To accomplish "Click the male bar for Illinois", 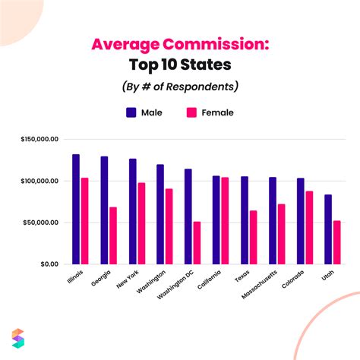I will (76, 209).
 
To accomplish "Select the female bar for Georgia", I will (113, 235).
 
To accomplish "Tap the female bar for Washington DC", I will (197, 242).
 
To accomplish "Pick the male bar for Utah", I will (327, 229).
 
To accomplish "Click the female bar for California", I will (225, 220).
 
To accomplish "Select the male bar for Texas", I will (244, 220).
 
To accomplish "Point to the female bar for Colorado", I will (309, 227).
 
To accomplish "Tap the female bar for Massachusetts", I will (281, 234).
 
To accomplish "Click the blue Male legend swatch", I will (131, 112).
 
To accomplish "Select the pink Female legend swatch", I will (191, 112).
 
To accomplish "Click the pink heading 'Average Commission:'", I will (180, 43).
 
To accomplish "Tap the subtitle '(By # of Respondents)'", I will (180, 87).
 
